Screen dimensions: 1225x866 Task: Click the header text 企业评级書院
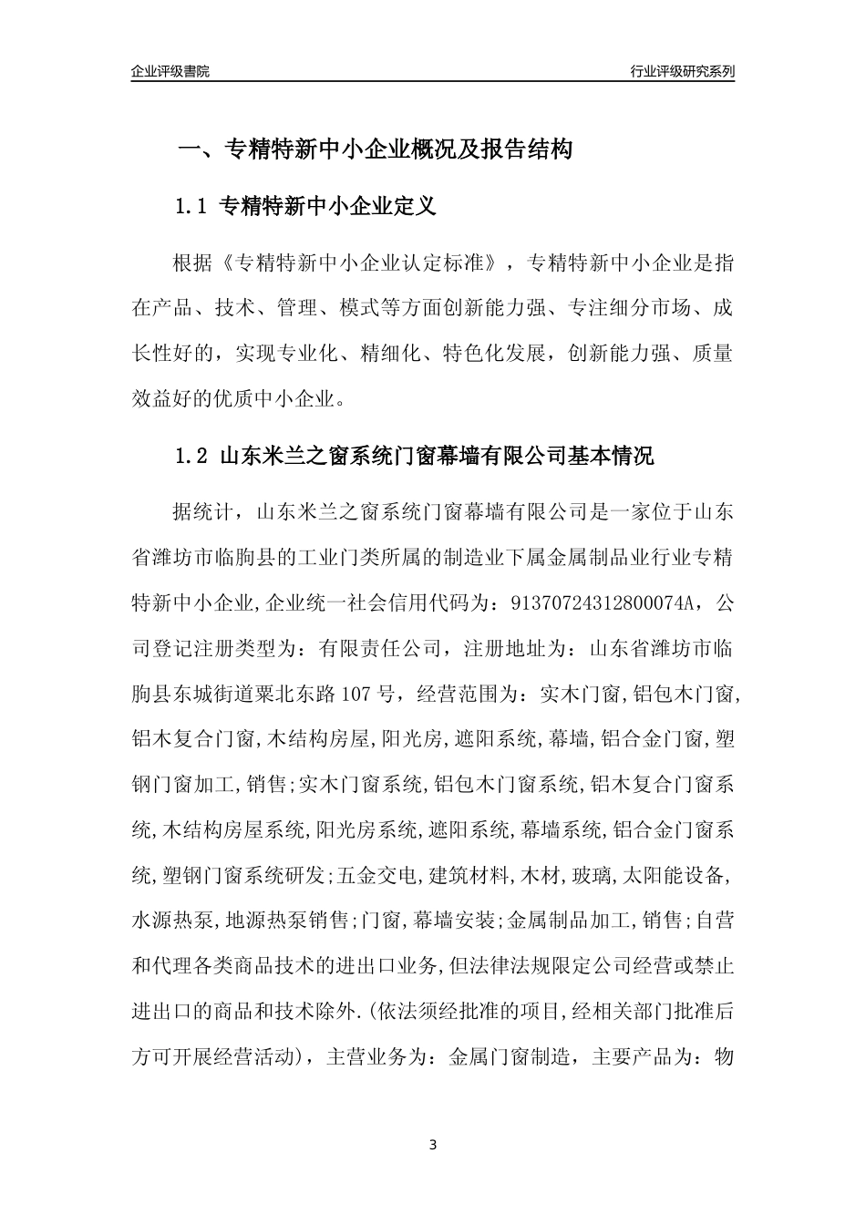tap(170, 71)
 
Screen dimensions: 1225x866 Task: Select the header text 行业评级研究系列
tap(681, 71)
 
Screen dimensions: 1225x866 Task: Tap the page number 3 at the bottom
tap(433, 1144)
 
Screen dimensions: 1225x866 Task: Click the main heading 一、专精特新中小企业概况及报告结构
tap(374, 150)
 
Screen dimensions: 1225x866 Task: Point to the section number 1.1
tap(192, 208)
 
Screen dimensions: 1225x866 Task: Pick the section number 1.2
tap(192, 457)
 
